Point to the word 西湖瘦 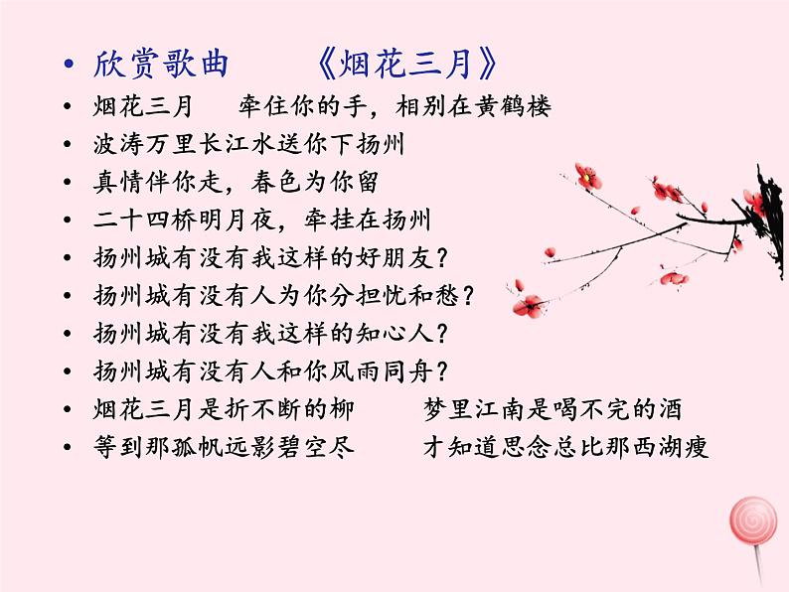(x=673, y=447)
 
